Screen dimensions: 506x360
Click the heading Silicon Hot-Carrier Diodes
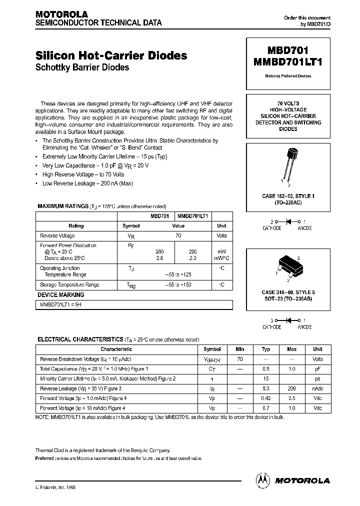(x=111, y=55)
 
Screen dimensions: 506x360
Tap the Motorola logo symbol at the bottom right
(x=263, y=480)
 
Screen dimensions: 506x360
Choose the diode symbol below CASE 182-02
(x=287, y=221)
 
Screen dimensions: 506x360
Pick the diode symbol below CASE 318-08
(x=287, y=320)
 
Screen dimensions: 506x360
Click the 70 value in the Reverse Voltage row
(x=178, y=235)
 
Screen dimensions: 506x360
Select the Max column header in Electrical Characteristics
(x=291, y=349)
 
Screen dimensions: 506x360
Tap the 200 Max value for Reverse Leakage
(x=291, y=388)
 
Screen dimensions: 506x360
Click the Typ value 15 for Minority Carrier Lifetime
(x=266, y=378)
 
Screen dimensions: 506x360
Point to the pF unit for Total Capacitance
(x=317, y=368)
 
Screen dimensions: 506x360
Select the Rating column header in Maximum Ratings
(x=76, y=225)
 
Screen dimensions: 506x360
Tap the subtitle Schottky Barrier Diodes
(x=82, y=67)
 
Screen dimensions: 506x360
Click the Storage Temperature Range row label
(x=69, y=284)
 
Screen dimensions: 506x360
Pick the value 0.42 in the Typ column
(x=266, y=398)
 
